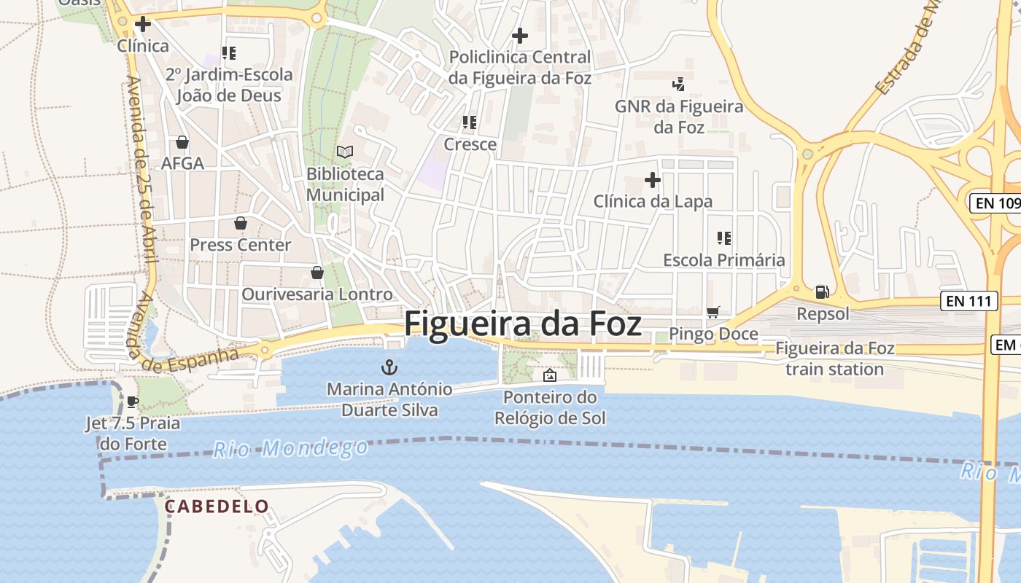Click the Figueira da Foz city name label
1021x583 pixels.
(523, 324)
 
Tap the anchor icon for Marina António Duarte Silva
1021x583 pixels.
(390, 367)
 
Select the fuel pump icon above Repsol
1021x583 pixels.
(822, 292)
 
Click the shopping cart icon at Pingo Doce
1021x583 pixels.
(713, 312)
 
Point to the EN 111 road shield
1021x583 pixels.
(968, 301)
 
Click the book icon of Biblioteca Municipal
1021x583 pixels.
(345, 152)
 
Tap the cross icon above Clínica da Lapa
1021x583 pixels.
(653, 179)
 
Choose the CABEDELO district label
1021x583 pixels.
(217, 506)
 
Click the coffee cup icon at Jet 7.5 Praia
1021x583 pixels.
(133, 401)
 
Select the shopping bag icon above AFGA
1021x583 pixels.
(182, 141)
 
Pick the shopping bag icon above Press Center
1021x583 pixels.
(241, 222)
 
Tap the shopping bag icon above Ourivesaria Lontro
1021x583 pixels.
(317, 273)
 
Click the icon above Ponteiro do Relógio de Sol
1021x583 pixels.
(550, 375)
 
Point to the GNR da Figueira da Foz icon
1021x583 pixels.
(679, 85)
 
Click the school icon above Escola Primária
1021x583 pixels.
(724, 238)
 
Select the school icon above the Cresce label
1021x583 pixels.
(470, 122)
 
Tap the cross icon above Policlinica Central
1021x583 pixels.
(520, 35)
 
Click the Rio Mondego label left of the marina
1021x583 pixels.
(291, 447)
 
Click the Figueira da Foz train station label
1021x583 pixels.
(834, 359)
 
